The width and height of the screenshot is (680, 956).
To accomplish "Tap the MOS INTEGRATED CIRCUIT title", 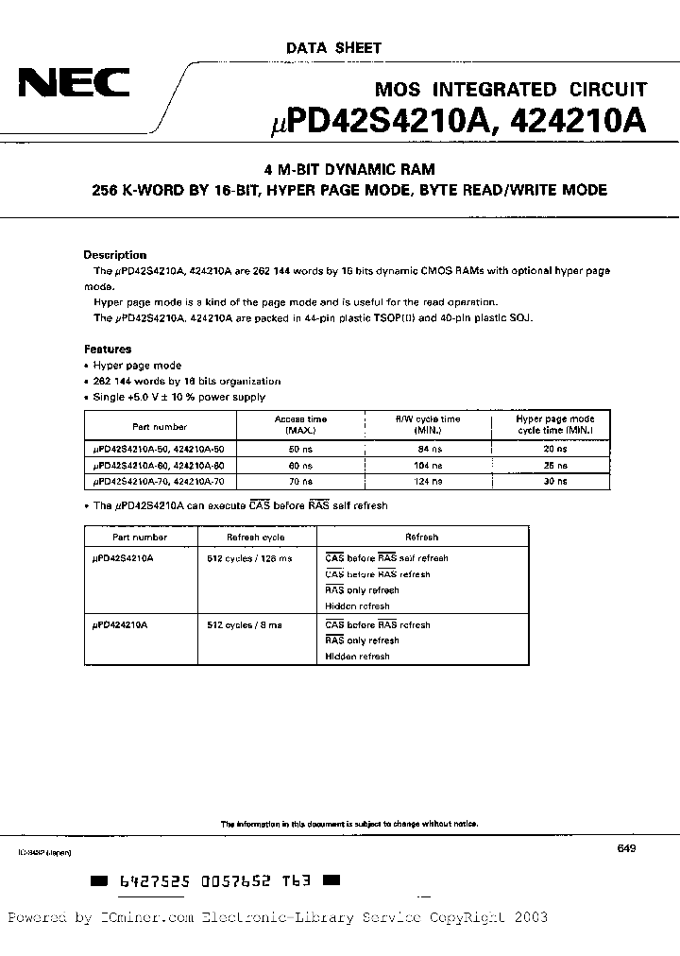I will coord(511,90).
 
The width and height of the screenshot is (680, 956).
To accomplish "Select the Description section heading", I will coord(115,255).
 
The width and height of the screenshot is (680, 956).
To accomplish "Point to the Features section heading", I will coord(108,349).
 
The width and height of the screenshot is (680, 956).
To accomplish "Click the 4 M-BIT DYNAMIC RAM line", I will coord(348,170).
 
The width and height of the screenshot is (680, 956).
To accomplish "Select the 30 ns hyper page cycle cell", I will coord(555,481).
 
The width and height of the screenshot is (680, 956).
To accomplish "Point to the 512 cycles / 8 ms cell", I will coord(245,624).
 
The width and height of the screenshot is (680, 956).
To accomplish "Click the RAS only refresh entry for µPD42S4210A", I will coord(362,590).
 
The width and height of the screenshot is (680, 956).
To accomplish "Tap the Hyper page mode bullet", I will coord(138,366).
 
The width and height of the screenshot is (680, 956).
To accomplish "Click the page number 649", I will coord(626,849).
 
